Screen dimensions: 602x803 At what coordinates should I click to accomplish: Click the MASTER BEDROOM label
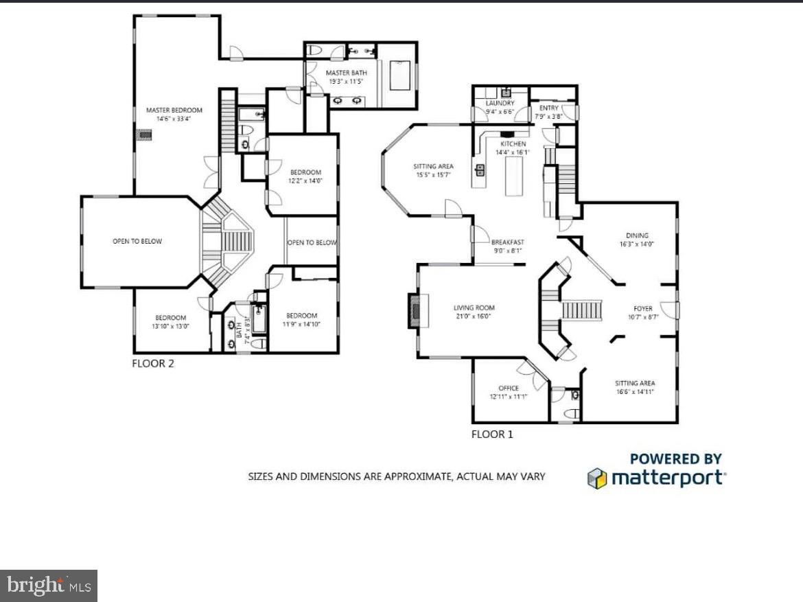pyautogui.click(x=174, y=110)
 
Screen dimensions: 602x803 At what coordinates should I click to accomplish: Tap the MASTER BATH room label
pyautogui.click(x=346, y=73)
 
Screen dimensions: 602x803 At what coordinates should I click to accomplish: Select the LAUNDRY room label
pyautogui.click(x=500, y=104)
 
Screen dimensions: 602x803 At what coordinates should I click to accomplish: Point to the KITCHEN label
pyautogui.click(x=513, y=144)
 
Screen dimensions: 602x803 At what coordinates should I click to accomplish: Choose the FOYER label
pyautogui.click(x=643, y=309)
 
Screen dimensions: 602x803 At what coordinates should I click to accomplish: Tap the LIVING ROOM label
pyautogui.click(x=474, y=308)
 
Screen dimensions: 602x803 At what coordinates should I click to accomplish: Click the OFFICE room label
pyautogui.click(x=509, y=389)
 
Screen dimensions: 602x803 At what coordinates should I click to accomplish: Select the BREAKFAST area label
pyautogui.click(x=507, y=242)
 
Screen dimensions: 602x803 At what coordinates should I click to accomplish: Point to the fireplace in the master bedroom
pyautogui.click(x=144, y=135)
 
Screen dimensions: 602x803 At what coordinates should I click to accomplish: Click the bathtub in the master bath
pyautogui.click(x=400, y=76)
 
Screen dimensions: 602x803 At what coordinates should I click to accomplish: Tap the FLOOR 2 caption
pyautogui.click(x=153, y=364)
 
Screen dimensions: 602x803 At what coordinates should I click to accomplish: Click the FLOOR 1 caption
pyautogui.click(x=492, y=434)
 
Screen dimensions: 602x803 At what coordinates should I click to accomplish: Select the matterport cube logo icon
pyautogui.click(x=596, y=478)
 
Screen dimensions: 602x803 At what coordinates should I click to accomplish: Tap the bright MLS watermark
pyautogui.click(x=48, y=586)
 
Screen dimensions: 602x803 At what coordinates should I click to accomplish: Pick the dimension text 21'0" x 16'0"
pyautogui.click(x=474, y=317)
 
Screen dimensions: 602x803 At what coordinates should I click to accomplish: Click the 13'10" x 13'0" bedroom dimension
pyautogui.click(x=171, y=326)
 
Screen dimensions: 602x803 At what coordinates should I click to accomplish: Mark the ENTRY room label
pyautogui.click(x=548, y=108)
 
